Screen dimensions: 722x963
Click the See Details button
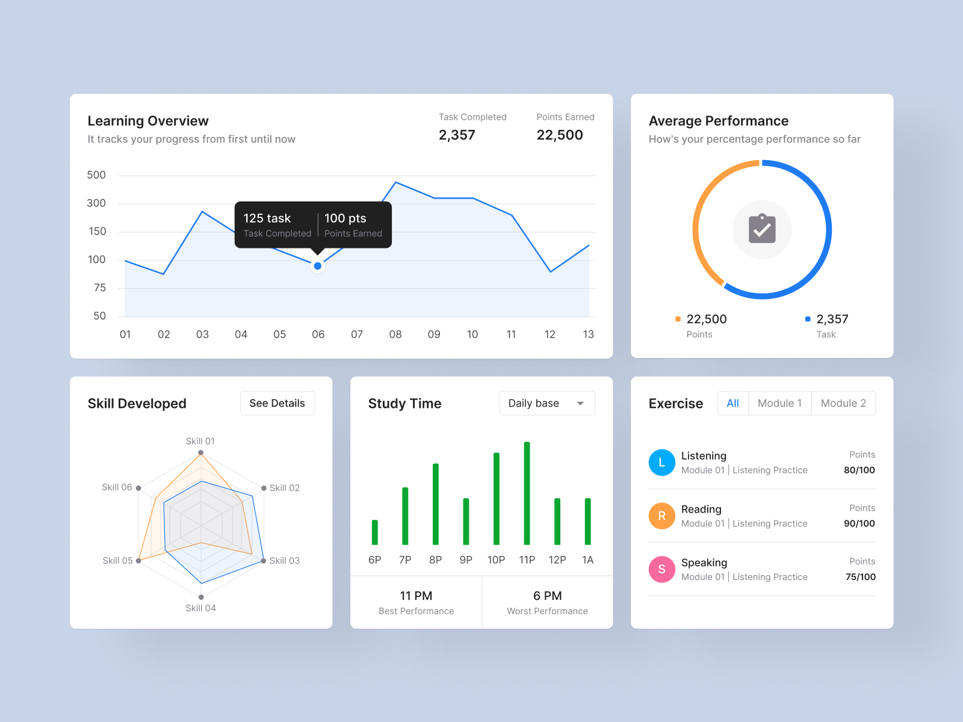pos(277,403)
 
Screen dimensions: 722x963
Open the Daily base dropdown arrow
pos(580,404)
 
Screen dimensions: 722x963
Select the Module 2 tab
pos(843,403)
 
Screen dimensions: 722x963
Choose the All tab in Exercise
pos(732,403)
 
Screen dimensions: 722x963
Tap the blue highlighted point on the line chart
pos(317,266)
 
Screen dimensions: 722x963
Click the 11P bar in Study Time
pos(527,493)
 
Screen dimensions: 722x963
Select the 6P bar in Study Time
pos(375,532)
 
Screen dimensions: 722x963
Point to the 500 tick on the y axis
pos(96,175)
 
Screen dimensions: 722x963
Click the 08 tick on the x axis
pos(395,335)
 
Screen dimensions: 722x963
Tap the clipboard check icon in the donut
pos(762,229)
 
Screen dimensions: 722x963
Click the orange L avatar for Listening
pos(661,463)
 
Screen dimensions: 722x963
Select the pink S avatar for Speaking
pos(661,569)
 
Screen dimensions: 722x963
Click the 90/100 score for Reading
pos(859,523)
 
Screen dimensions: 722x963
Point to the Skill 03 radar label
pos(284,561)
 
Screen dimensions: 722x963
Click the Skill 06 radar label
pos(117,487)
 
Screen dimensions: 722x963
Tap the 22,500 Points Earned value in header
pos(559,135)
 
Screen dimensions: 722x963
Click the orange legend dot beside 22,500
pos(678,319)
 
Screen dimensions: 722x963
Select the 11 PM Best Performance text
pos(416,596)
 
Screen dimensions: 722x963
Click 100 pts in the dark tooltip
pos(345,218)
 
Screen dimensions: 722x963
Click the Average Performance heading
pos(718,121)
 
